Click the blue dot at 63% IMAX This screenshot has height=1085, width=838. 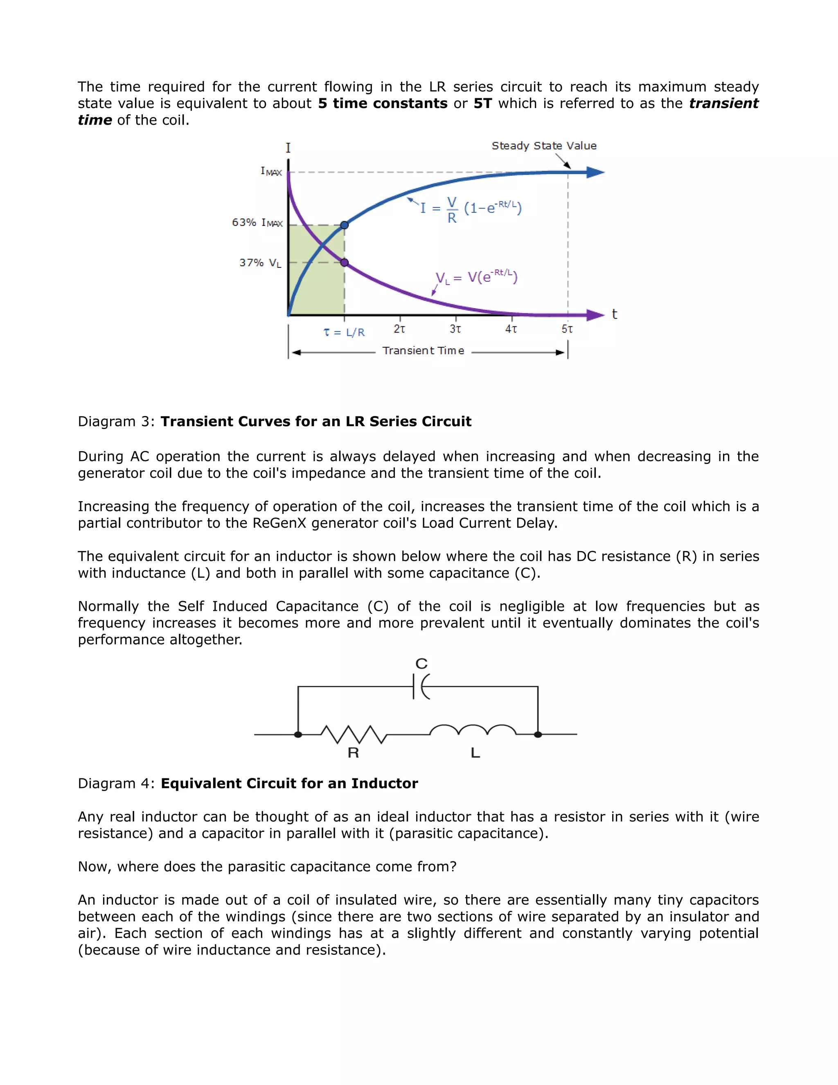345,225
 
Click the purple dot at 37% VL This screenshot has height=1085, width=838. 345,262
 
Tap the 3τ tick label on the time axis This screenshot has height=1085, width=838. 455,329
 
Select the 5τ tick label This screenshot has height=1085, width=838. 567,329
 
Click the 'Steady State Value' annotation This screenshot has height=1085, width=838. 544,146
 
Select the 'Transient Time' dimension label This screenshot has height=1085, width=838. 423,351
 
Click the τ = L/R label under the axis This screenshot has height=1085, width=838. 344,332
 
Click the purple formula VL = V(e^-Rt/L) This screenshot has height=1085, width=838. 476,277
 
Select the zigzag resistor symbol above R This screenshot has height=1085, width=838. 354,734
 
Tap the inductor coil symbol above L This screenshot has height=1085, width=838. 473,730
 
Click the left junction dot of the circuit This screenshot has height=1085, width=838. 298,734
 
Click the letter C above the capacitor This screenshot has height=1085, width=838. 421,664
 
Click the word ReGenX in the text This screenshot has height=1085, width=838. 279,523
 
